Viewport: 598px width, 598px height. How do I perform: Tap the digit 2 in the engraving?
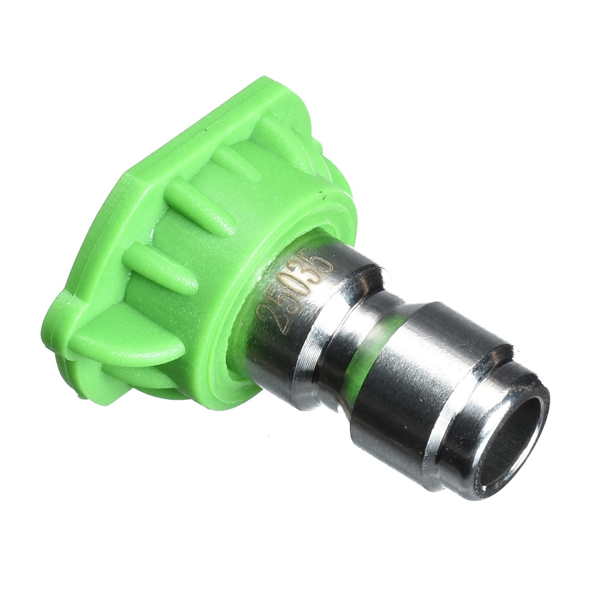pos(268,314)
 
